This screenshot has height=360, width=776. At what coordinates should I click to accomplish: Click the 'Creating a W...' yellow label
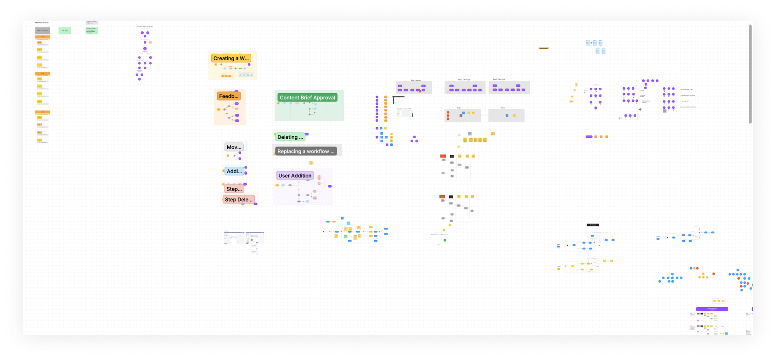(x=231, y=58)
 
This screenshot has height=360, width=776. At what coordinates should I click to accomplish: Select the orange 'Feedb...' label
(x=229, y=96)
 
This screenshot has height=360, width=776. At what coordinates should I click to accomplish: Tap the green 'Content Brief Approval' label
(x=307, y=98)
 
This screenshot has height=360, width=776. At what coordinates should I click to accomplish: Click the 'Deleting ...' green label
(x=290, y=137)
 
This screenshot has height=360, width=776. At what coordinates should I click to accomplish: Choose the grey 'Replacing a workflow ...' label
(x=306, y=152)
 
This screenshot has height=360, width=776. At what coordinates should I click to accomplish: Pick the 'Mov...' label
(x=234, y=147)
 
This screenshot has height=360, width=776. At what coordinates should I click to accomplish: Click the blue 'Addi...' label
(x=234, y=171)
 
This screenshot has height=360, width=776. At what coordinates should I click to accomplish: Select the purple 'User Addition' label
(x=295, y=176)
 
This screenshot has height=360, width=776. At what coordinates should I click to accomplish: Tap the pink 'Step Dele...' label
(x=238, y=200)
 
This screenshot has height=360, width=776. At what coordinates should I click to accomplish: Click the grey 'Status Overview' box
(x=42, y=31)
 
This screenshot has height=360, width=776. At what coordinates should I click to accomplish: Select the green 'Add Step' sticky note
(x=65, y=31)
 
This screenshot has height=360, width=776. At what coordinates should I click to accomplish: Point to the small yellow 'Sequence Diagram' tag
(x=543, y=48)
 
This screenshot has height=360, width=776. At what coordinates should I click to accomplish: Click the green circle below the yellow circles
(x=444, y=240)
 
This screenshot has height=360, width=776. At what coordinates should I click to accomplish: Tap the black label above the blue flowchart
(x=593, y=225)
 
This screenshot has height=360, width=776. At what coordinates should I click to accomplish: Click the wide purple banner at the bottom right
(x=712, y=309)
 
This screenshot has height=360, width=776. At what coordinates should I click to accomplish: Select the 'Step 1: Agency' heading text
(x=416, y=80)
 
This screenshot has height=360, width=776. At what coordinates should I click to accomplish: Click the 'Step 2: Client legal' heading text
(x=464, y=80)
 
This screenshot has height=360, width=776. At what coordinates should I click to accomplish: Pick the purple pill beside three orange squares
(x=589, y=137)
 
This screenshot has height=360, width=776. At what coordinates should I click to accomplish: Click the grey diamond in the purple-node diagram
(x=640, y=109)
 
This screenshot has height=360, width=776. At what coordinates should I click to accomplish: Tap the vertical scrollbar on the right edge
(x=750, y=73)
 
